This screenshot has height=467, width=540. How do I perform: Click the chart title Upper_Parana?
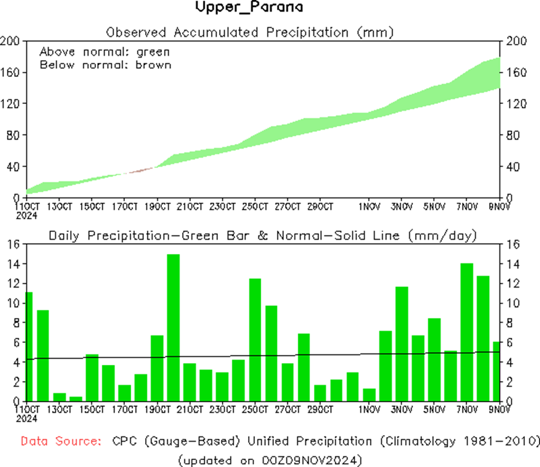249,8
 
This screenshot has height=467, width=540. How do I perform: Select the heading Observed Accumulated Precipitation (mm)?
249,32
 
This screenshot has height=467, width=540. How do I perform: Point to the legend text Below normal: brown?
105,64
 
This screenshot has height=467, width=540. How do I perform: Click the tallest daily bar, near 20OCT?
173,327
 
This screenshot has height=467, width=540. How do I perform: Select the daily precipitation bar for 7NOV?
467,332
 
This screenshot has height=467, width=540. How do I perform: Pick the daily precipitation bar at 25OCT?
255,339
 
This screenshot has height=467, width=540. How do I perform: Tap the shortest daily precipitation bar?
75,398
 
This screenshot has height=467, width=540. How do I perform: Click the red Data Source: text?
61,442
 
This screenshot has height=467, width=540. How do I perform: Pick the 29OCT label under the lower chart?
320,410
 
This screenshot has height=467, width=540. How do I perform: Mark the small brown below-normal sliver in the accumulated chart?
139,170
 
